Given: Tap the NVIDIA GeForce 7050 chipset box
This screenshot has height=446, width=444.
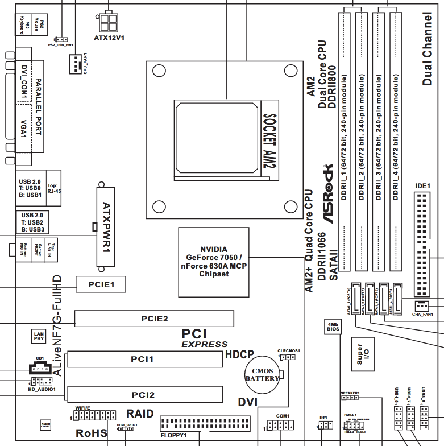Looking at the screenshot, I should coord(214,262).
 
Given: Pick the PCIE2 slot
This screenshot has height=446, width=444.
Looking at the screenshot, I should coord(155,319).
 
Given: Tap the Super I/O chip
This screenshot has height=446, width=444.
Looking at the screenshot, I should coord(363,353).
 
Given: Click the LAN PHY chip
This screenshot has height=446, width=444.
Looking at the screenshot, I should coord(39,336).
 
